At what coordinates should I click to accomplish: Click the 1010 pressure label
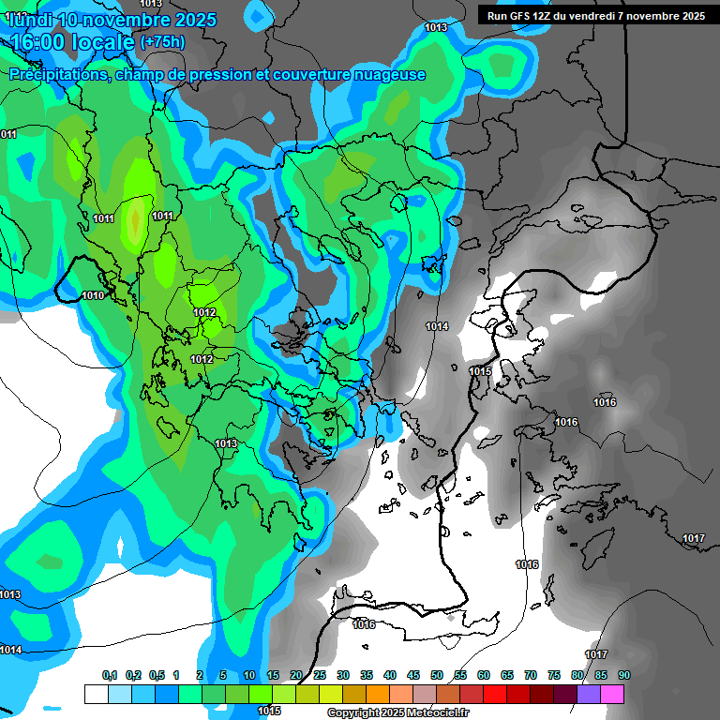click(x=93, y=295)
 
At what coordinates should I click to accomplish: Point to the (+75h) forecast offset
click(x=162, y=41)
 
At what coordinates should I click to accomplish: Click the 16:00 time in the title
click(x=40, y=41)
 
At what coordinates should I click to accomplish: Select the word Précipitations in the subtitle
click(x=55, y=75)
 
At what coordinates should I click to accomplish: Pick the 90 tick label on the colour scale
click(x=623, y=676)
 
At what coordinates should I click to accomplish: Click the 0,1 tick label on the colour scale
click(x=109, y=676)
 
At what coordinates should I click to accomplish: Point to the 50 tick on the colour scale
click(x=437, y=676)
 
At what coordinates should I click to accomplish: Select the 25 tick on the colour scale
click(x=320, y=676)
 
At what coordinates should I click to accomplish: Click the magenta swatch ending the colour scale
click(x=611, y=694)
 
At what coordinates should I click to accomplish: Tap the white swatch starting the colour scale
click(x=96, y=694)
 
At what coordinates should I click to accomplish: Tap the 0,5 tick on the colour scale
click(x=156, y=676)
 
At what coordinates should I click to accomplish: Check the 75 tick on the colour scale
click(x=554, y=676)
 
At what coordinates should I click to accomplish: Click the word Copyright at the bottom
click(x=352, y=713)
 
